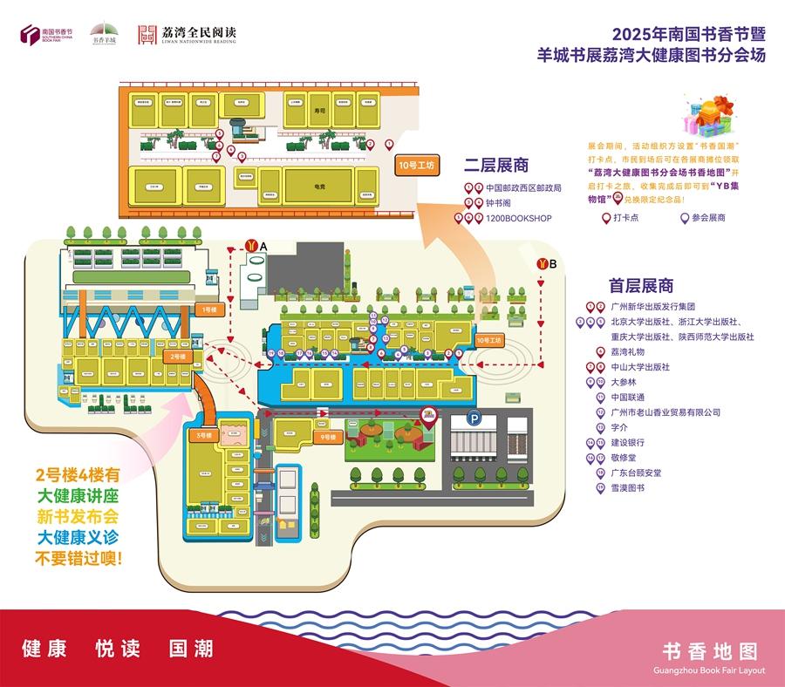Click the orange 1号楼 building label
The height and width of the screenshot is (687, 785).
click(x=209, y=309)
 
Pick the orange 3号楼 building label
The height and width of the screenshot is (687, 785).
click(x=203, y=435)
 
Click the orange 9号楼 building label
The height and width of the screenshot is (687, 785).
click(x=327, y=436)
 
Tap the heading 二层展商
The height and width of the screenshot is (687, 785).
click(x=496, y=165)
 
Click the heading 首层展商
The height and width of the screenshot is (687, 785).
click(x=641, y=285)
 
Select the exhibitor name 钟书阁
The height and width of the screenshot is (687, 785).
click(x=500, y=202)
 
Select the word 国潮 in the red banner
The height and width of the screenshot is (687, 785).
click(x=190, y=649)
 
